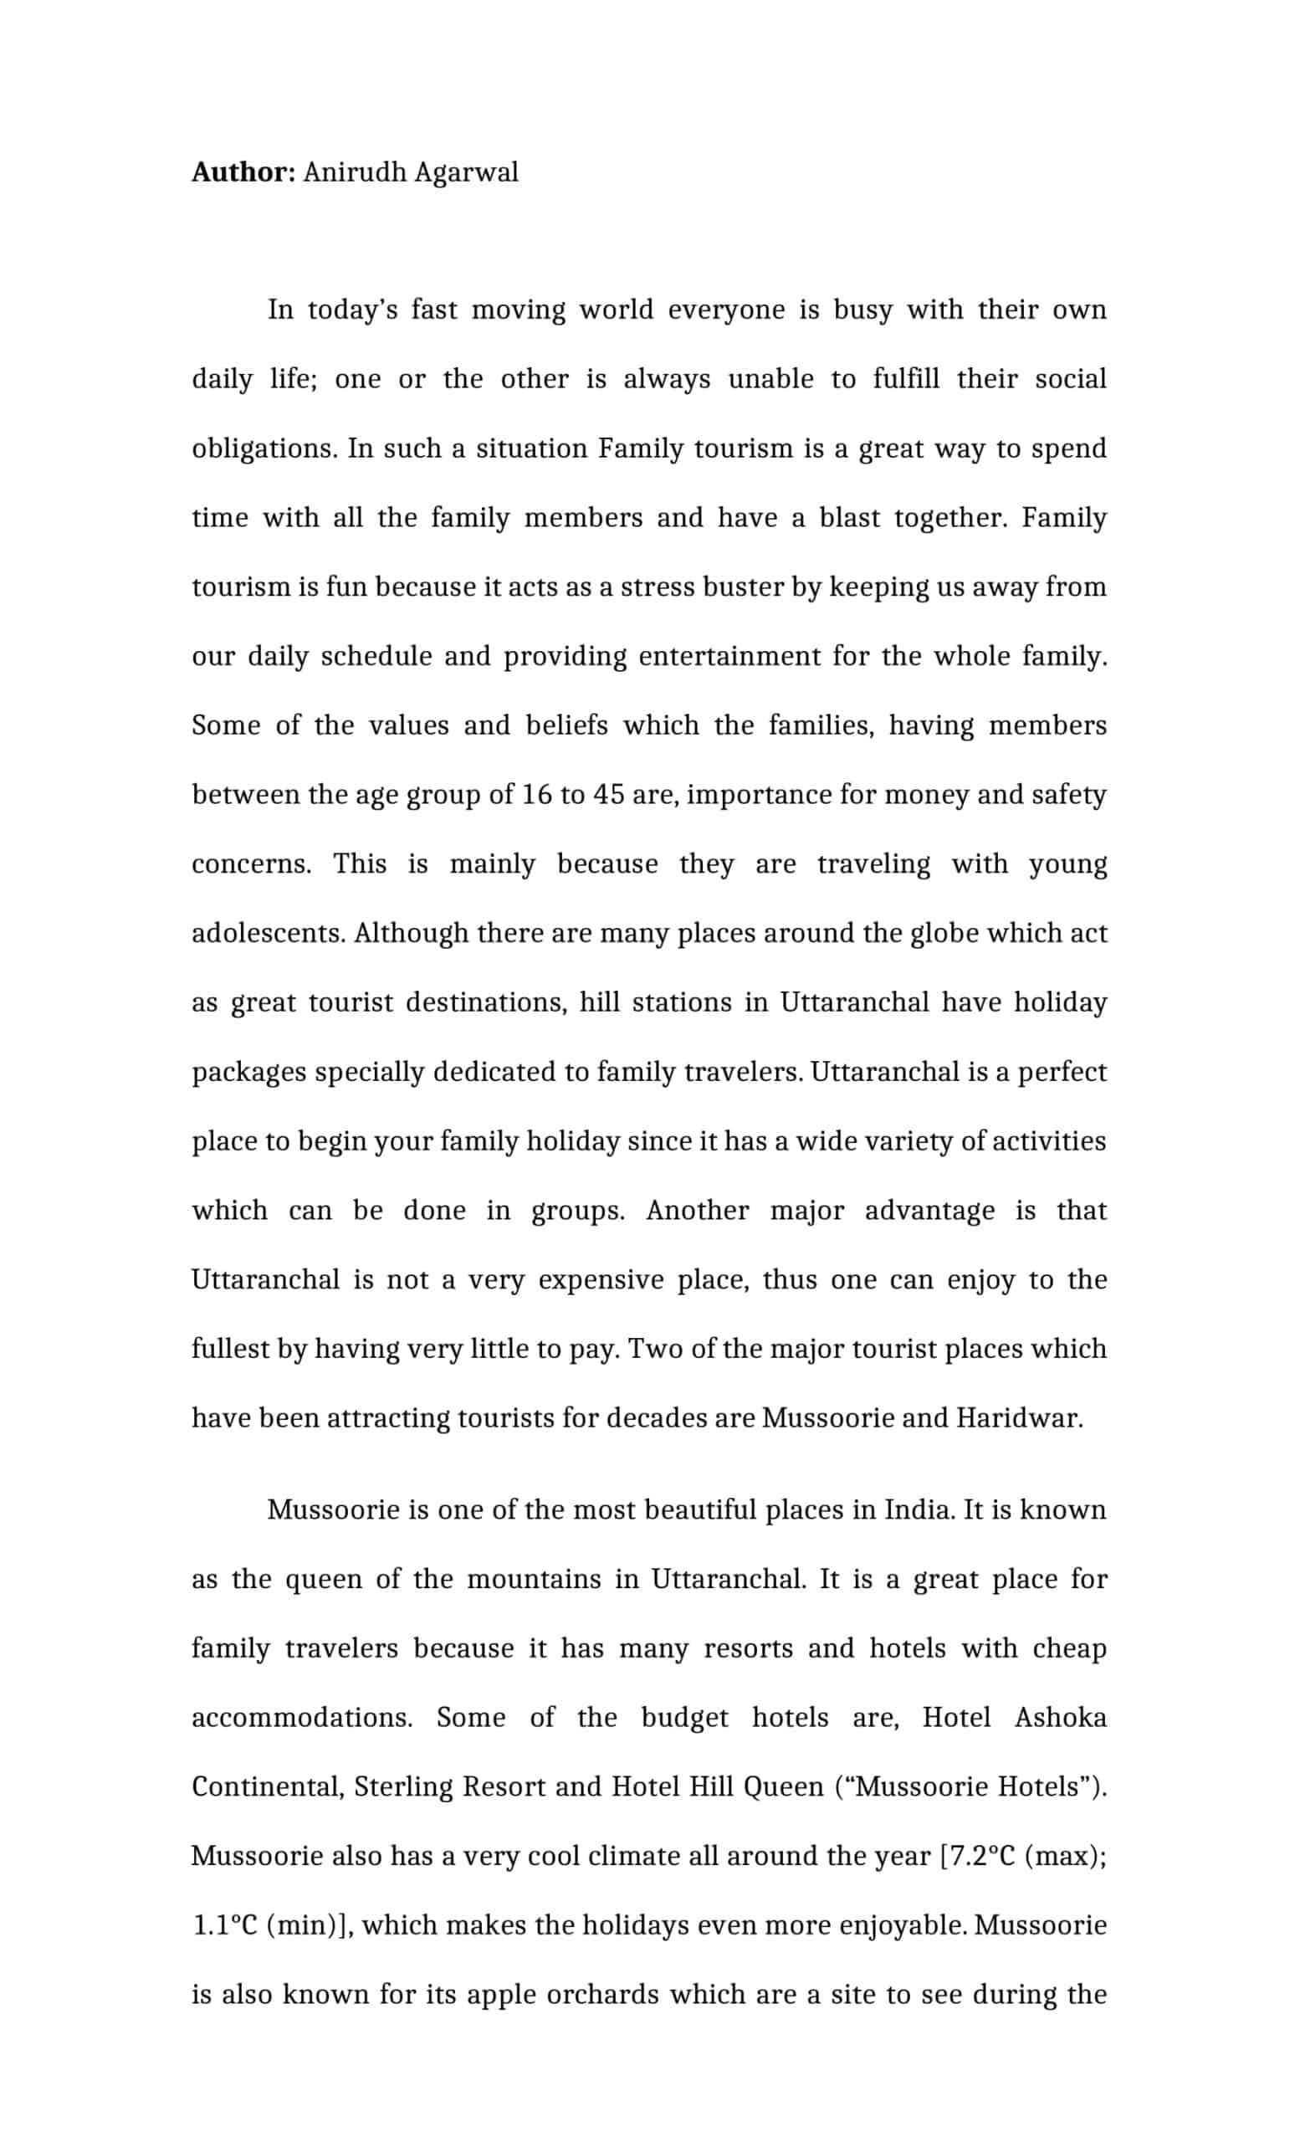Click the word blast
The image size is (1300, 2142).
coord(849,517)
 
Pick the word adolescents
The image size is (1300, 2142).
coord(269,933)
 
